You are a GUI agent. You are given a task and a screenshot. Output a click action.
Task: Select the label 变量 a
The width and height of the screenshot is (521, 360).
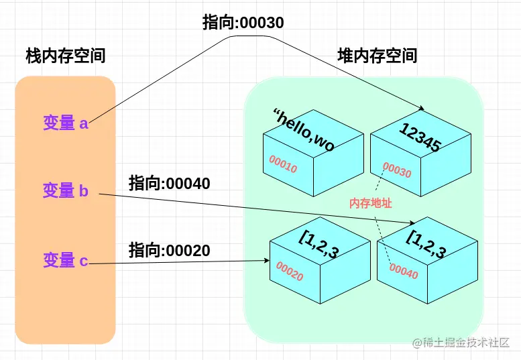click(66, 123)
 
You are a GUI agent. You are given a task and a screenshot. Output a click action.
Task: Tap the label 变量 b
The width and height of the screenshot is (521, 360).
click(66, 191)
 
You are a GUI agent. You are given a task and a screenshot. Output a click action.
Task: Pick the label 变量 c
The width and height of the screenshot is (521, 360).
click(66, 261)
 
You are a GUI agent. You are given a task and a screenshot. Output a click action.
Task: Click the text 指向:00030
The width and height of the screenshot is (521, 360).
click(243, 23)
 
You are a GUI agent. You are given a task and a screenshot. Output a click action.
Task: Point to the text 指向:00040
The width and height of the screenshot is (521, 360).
click(170, 183)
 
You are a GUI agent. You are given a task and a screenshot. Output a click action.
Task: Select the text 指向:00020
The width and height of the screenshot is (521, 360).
click(170, 251)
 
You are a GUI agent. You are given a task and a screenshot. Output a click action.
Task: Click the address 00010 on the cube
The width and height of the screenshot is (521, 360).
click(283, 164)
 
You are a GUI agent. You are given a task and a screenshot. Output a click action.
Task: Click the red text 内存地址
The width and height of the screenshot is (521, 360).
click(370, 202)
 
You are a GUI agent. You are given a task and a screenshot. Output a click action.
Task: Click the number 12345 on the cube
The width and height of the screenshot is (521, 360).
click(419, 137)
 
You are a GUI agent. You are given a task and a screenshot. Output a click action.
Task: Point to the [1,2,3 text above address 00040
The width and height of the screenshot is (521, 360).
click(426, 243)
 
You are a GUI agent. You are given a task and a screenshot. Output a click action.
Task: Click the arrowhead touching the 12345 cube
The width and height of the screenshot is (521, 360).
click(422, 109)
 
